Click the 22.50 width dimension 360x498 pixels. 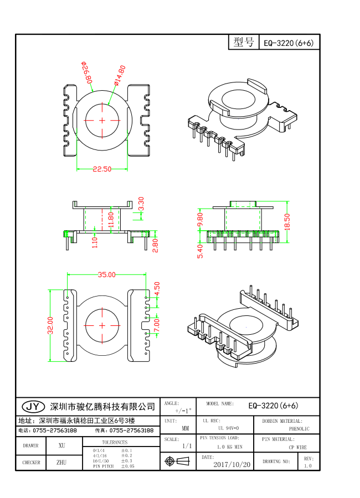pos(102,169)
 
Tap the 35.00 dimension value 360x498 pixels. pos(106,274)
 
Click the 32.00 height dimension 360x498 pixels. pos(50,325)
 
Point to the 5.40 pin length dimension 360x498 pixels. pos(200,251)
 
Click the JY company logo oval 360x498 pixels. pos(32,407)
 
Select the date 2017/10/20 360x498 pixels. pos(232,465)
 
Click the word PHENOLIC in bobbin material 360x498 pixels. pos(299,429)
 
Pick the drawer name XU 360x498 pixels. pos(61,445)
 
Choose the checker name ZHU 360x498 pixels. pos(61,462)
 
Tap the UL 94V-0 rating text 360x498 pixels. pos(228,429)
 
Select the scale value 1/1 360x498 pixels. pos(187,445)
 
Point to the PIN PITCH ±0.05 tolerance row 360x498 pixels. pos(114,466)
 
